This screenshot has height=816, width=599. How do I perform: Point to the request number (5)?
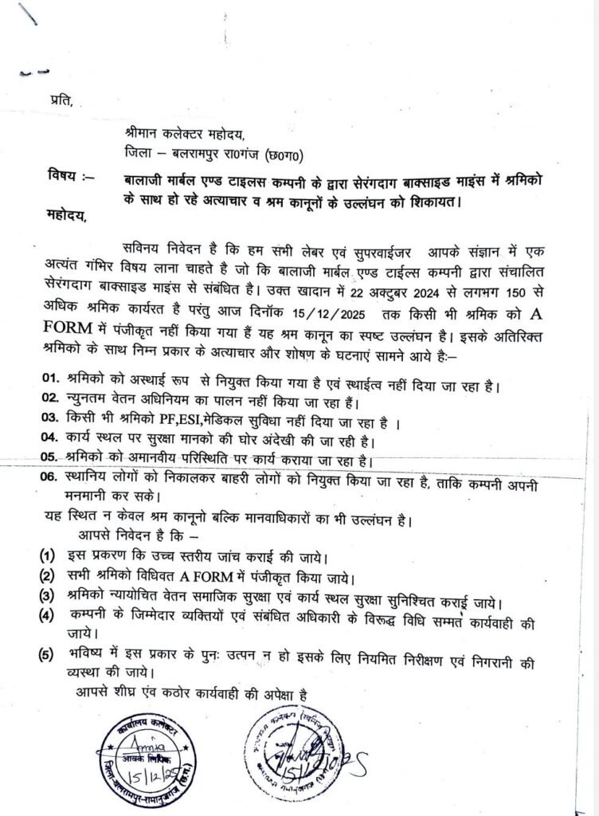[49, 656]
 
